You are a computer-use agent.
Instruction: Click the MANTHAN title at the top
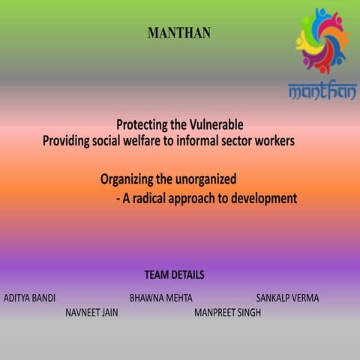pyautogui.click(x=179, y=33)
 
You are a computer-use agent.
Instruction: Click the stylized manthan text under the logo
pyautogui.click(x=322, y=91)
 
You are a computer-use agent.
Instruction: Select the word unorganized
pyautogui.click(x=203, y=180)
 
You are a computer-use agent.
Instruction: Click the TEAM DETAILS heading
pyautogui.click(x=174, y=275)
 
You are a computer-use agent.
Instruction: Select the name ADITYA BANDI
pyautogui.click(x=29, y=298)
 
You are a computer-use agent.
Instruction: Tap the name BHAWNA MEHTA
pyautogui.click(x=160, y=298)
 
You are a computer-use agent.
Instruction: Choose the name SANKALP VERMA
pyautogui.click(x=287, y=298)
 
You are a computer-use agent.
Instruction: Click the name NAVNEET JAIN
pyautogui.click(x=91, y=313)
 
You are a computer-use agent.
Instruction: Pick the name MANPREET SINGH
pyautogui.click(x=227, y=313)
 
